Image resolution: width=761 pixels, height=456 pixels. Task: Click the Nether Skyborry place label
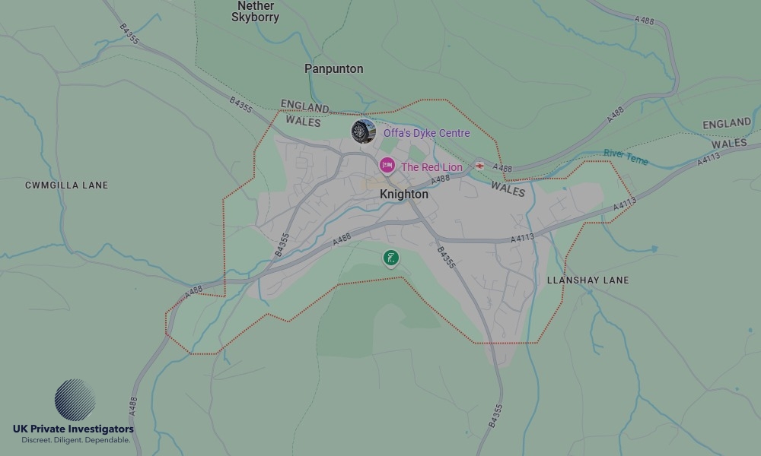pyautogui.click(x=255, y=11)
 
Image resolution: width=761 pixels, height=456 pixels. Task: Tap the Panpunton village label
pyautogui.click(x=334, y=68)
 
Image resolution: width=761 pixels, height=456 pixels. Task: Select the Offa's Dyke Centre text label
pyautogui.click(x=426, y=133)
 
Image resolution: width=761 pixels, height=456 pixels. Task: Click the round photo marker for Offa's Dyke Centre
pyautogui.click(x=363, y=131)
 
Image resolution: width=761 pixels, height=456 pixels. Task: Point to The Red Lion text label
pyautogui.click(x=431, y=167)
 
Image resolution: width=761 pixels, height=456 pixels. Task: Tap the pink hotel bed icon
pyautogui.click(x=387, y=166)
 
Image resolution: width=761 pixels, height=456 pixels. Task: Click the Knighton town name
pyautogui.click(x=404, y=195)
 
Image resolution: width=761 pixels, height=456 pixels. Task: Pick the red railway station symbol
pyautogui.click(x=479, y=166)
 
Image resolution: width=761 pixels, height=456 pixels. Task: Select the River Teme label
pyautogui.click(x=626, y=156)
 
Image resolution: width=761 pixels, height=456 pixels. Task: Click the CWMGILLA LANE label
pyautogui.click(x=67, y=185)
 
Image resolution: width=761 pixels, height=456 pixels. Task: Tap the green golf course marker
pyautogui.click(x=391, y=258)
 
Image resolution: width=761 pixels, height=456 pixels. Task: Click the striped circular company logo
pyautogui.click(x=75, y=401)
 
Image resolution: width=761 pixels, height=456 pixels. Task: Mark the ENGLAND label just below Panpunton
pyautogui.click(x=304, y=106)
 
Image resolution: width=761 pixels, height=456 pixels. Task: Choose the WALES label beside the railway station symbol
pyautogui.click(x=508, y=188)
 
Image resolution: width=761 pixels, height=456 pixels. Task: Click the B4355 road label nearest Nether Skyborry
pyautogui.click(x=129, y=33)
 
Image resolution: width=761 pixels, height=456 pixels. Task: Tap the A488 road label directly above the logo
pyautogui.click(x=134, y=406)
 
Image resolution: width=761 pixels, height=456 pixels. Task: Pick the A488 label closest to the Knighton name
pyautogui.click(x=440, y=179)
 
